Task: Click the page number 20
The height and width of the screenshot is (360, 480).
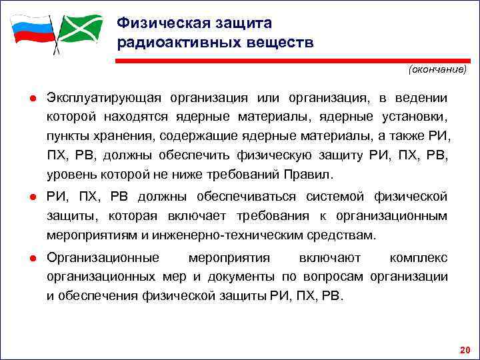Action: click(465, 349)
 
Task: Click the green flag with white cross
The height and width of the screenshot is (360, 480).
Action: click(81, 29)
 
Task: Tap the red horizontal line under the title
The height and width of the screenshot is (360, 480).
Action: click(293, 61)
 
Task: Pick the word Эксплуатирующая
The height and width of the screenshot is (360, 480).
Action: click(104, 98)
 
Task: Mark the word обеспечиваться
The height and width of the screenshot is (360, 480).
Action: click(248, 196)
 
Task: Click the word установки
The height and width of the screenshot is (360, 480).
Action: click(415, 117)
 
